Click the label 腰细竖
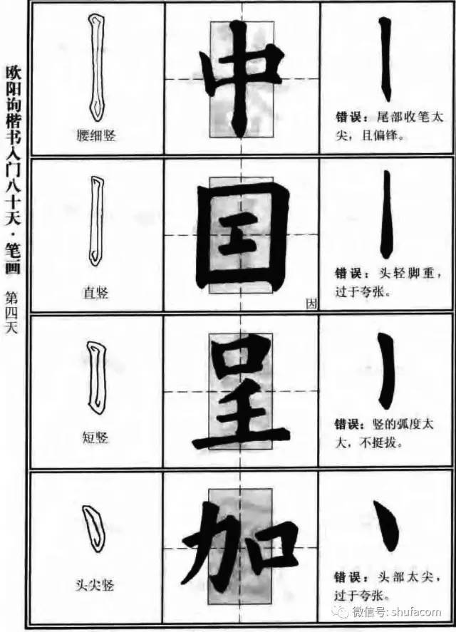(x=96, y=135)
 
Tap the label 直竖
(x=96, y=292)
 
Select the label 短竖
(x=95, y=437)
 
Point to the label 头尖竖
(x=95, y=585)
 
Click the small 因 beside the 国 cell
(x=311, y=304)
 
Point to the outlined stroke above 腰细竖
(x=97, y=68)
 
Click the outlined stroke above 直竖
(x=96, y=221)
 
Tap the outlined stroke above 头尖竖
(x=94, y=529)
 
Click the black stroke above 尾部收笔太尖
(x=385, y=59)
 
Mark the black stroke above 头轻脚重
(x=386, y=214)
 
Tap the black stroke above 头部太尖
(x=388, y=526)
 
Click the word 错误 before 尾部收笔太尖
(x=348, y=118)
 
